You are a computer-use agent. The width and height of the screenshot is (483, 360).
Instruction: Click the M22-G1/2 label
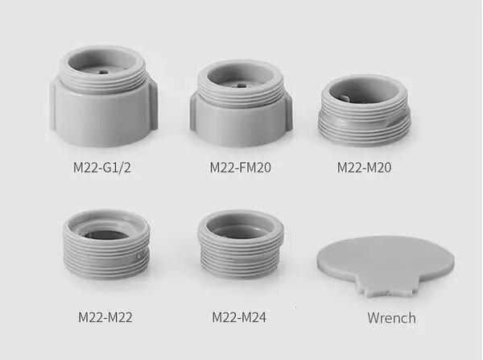pyautogui.click(x=102, y=168)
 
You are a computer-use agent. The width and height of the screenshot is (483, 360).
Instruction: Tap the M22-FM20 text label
pyautogui.click(x=240, y=168)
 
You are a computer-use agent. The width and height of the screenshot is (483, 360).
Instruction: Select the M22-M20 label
pyautogui.click(x=364, y=168)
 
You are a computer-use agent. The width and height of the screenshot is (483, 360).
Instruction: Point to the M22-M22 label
pyautogui.click(x=105, y=317)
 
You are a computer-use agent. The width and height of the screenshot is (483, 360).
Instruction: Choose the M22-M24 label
pyautogui.click(x=239, y=317)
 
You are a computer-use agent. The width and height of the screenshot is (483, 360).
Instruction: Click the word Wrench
pyautogui.click(x=391, y=318)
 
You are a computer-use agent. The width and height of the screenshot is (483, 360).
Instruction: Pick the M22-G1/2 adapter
pyautogui.click(x=104, y=96)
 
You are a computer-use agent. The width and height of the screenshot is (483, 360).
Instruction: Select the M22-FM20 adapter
pyautogui.click(x=241, y=103)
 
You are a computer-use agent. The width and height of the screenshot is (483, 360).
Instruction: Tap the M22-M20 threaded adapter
pyautogui.click(x=365, y=110)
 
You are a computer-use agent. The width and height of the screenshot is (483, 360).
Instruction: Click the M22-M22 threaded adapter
pyautogui.click(x=106, y=244)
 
